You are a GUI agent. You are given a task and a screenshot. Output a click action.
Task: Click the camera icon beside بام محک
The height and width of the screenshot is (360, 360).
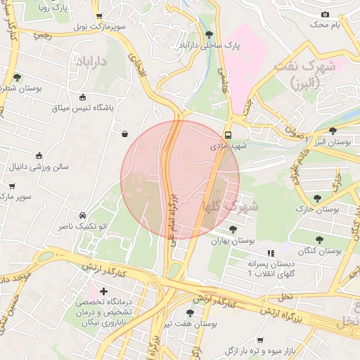325,14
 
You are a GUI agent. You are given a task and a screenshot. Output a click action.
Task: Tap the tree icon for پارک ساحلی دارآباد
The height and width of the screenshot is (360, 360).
209,34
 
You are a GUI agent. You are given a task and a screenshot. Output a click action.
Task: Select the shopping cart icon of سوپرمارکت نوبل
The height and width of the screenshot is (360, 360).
99,15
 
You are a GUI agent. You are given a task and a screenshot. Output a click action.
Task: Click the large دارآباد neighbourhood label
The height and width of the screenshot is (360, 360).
87,62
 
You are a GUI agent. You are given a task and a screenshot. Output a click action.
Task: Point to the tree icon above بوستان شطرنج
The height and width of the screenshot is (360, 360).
17,78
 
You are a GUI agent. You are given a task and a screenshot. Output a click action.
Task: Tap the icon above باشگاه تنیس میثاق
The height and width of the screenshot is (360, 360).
83,97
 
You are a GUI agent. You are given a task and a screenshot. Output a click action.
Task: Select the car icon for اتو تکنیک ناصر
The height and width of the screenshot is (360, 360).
82,215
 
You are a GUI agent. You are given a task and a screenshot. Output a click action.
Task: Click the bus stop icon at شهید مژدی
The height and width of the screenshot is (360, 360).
228,136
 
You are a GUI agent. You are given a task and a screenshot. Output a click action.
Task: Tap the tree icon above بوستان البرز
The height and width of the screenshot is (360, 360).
333,131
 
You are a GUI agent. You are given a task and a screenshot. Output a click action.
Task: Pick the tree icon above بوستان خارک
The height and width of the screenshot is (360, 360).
318,198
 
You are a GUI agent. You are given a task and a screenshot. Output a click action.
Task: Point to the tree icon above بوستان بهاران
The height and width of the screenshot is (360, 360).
233,229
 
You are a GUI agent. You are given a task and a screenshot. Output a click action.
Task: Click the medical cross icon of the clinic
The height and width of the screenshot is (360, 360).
104,290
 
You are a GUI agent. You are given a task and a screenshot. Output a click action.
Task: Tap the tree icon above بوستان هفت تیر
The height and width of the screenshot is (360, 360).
190,313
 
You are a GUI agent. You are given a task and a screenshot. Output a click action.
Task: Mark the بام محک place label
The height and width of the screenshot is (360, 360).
328,25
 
